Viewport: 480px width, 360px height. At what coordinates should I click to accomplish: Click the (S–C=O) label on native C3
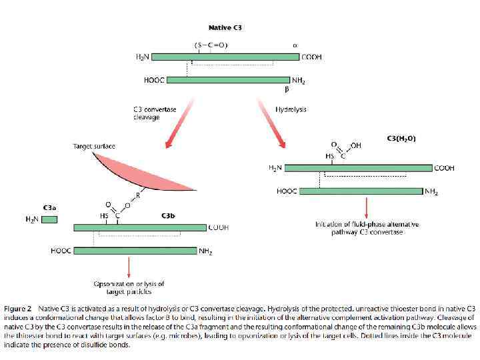point(211,45)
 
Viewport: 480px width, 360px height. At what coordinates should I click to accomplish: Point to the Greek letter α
point(295,45)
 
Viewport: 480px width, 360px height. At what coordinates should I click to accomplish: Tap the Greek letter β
point(286,89)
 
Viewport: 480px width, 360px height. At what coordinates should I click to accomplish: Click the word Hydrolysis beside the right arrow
point(291,109)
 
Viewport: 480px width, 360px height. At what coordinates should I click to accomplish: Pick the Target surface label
point(94,145)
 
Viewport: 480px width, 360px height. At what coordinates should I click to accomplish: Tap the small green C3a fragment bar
point(49,219)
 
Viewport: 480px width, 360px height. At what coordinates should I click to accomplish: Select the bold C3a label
point(50,207)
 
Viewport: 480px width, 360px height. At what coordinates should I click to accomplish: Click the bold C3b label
point(168,215)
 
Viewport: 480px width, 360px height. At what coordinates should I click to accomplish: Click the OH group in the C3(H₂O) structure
point(355,146)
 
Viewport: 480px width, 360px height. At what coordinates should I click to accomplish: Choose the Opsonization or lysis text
point(129,287)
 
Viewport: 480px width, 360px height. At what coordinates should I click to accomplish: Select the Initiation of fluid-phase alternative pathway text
point(367,228)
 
